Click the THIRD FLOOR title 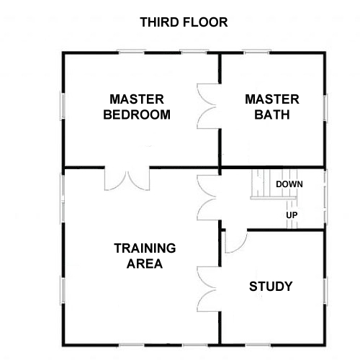[184, 22]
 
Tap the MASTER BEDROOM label [137, 107]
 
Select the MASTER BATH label [272, 107]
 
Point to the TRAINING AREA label [145, 256]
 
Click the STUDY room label [271, 287]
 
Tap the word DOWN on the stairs [289, 184]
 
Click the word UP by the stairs [292, 215]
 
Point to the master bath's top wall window [256, 52]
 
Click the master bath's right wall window [325, 107]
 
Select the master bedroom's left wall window [63, 106]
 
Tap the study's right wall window [325, 291]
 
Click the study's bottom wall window [258, 346]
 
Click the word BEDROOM [137, 114]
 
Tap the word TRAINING [145, 248]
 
